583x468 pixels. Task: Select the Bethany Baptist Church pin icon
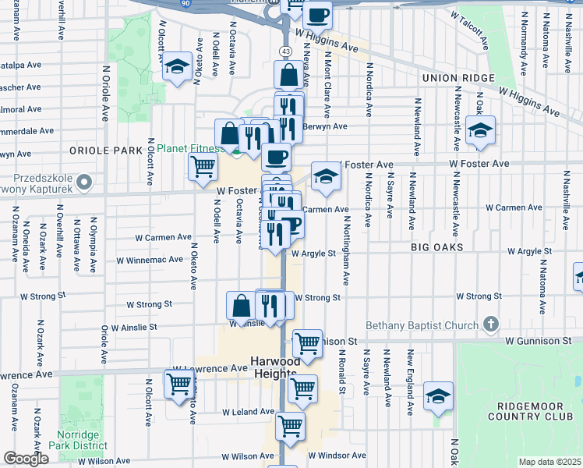pos(490,324)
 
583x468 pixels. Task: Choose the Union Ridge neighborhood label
pos(458,78)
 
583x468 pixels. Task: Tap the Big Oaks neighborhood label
pos(438,247)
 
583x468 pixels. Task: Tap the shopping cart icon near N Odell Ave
pos(203,165)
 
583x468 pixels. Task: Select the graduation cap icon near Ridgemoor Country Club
pos(438,395)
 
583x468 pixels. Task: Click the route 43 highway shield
pos(284,51)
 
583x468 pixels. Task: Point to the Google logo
pos(26,459)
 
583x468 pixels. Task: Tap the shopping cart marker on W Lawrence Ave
pos(178,385)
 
